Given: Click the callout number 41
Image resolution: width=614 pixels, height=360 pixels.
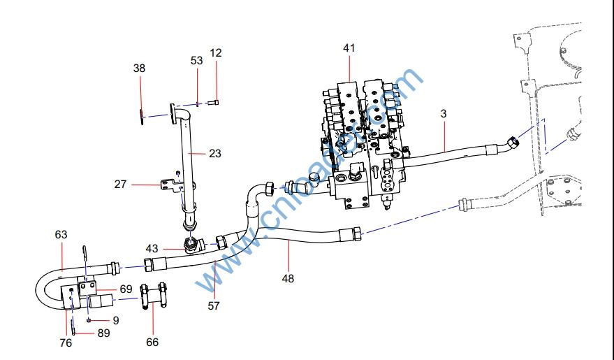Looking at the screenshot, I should tap(349, 48).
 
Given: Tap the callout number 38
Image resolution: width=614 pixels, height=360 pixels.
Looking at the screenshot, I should tap(140, 68).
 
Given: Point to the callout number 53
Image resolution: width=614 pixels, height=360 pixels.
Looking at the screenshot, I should tap(197, 61).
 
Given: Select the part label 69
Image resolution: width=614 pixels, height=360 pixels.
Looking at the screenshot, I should tap(126, 288).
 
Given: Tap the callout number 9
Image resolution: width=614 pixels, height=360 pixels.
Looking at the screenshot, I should tap(116, 320).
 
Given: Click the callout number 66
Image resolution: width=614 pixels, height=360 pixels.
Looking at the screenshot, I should tap(152, 342).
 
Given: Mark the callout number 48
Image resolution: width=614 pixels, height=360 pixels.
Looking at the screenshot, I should tap(288, 278).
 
